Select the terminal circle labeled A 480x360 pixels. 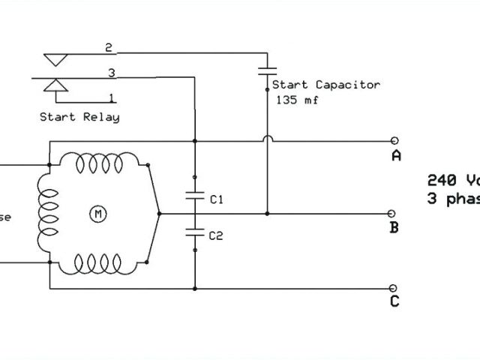click(x=395, y=140)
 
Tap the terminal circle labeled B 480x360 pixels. click(x=395, y=214)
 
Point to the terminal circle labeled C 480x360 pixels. click(x=395, y=287)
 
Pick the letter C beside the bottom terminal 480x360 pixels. click(x=395, y=302)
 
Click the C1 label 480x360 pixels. click(x=217, y=200)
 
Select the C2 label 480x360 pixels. click(x=217, y=235)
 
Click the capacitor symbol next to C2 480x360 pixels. click(x=194, y=232)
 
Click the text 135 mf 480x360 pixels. click(x=297, y=100)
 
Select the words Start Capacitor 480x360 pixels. click(x=326, y=85)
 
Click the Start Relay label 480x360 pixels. click(x=79, y=117)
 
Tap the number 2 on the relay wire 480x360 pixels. click(x=109, y=48)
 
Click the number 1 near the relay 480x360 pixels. click(x=112, y=97)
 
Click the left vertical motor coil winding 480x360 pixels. click(x=48, y=213)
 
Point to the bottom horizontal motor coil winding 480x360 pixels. click(x=98, y=263)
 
